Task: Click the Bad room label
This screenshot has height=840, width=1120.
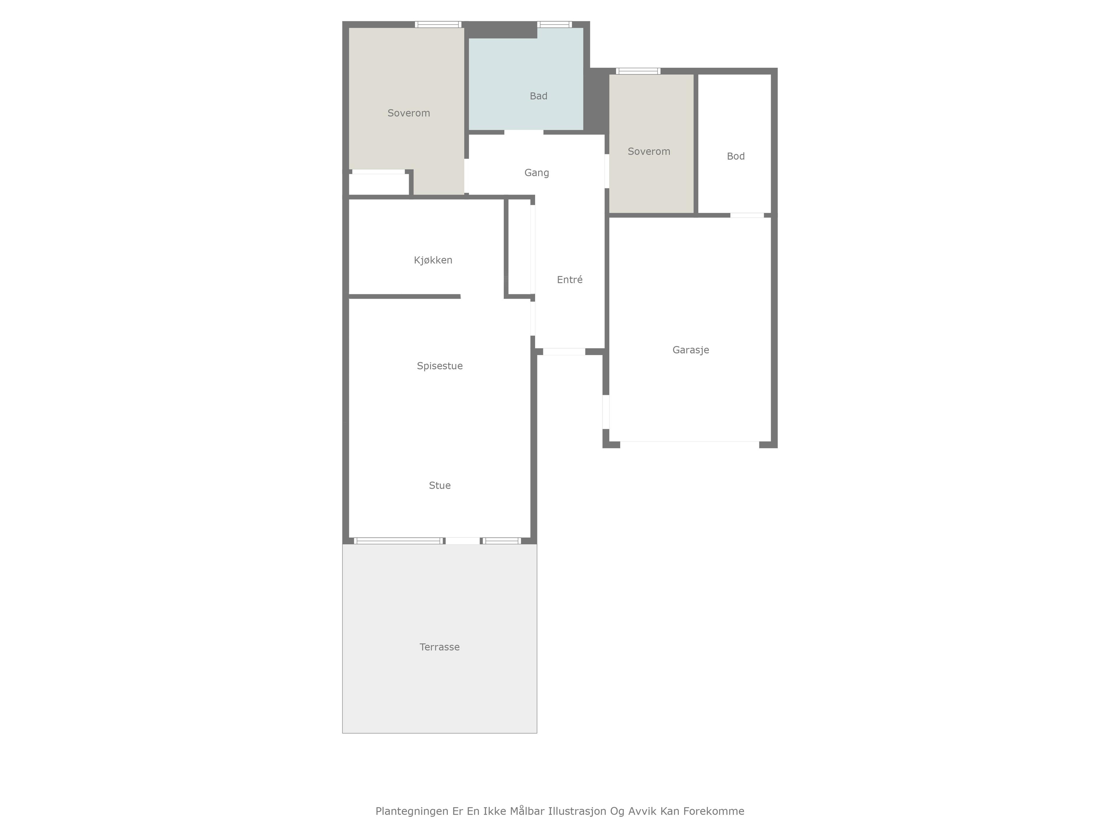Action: [538, 96]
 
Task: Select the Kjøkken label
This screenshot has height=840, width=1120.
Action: [433, 260]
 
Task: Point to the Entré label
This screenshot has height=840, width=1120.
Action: [570, 279]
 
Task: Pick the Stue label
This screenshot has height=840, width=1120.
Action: [440, 486]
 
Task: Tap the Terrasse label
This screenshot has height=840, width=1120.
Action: [440, 647]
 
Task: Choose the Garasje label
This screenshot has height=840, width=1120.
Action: [691, 350]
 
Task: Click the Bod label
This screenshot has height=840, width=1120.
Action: [736, 156]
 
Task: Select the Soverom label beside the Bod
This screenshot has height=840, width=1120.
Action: [649, 151]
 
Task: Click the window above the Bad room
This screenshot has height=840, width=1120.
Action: [554, 24]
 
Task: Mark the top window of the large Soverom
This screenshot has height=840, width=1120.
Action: [438, 24]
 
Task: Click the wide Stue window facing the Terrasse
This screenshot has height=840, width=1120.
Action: [398, 541]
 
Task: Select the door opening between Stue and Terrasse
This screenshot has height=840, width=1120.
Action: [462, 541]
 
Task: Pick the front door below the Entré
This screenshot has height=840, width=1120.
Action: [564, 352]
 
